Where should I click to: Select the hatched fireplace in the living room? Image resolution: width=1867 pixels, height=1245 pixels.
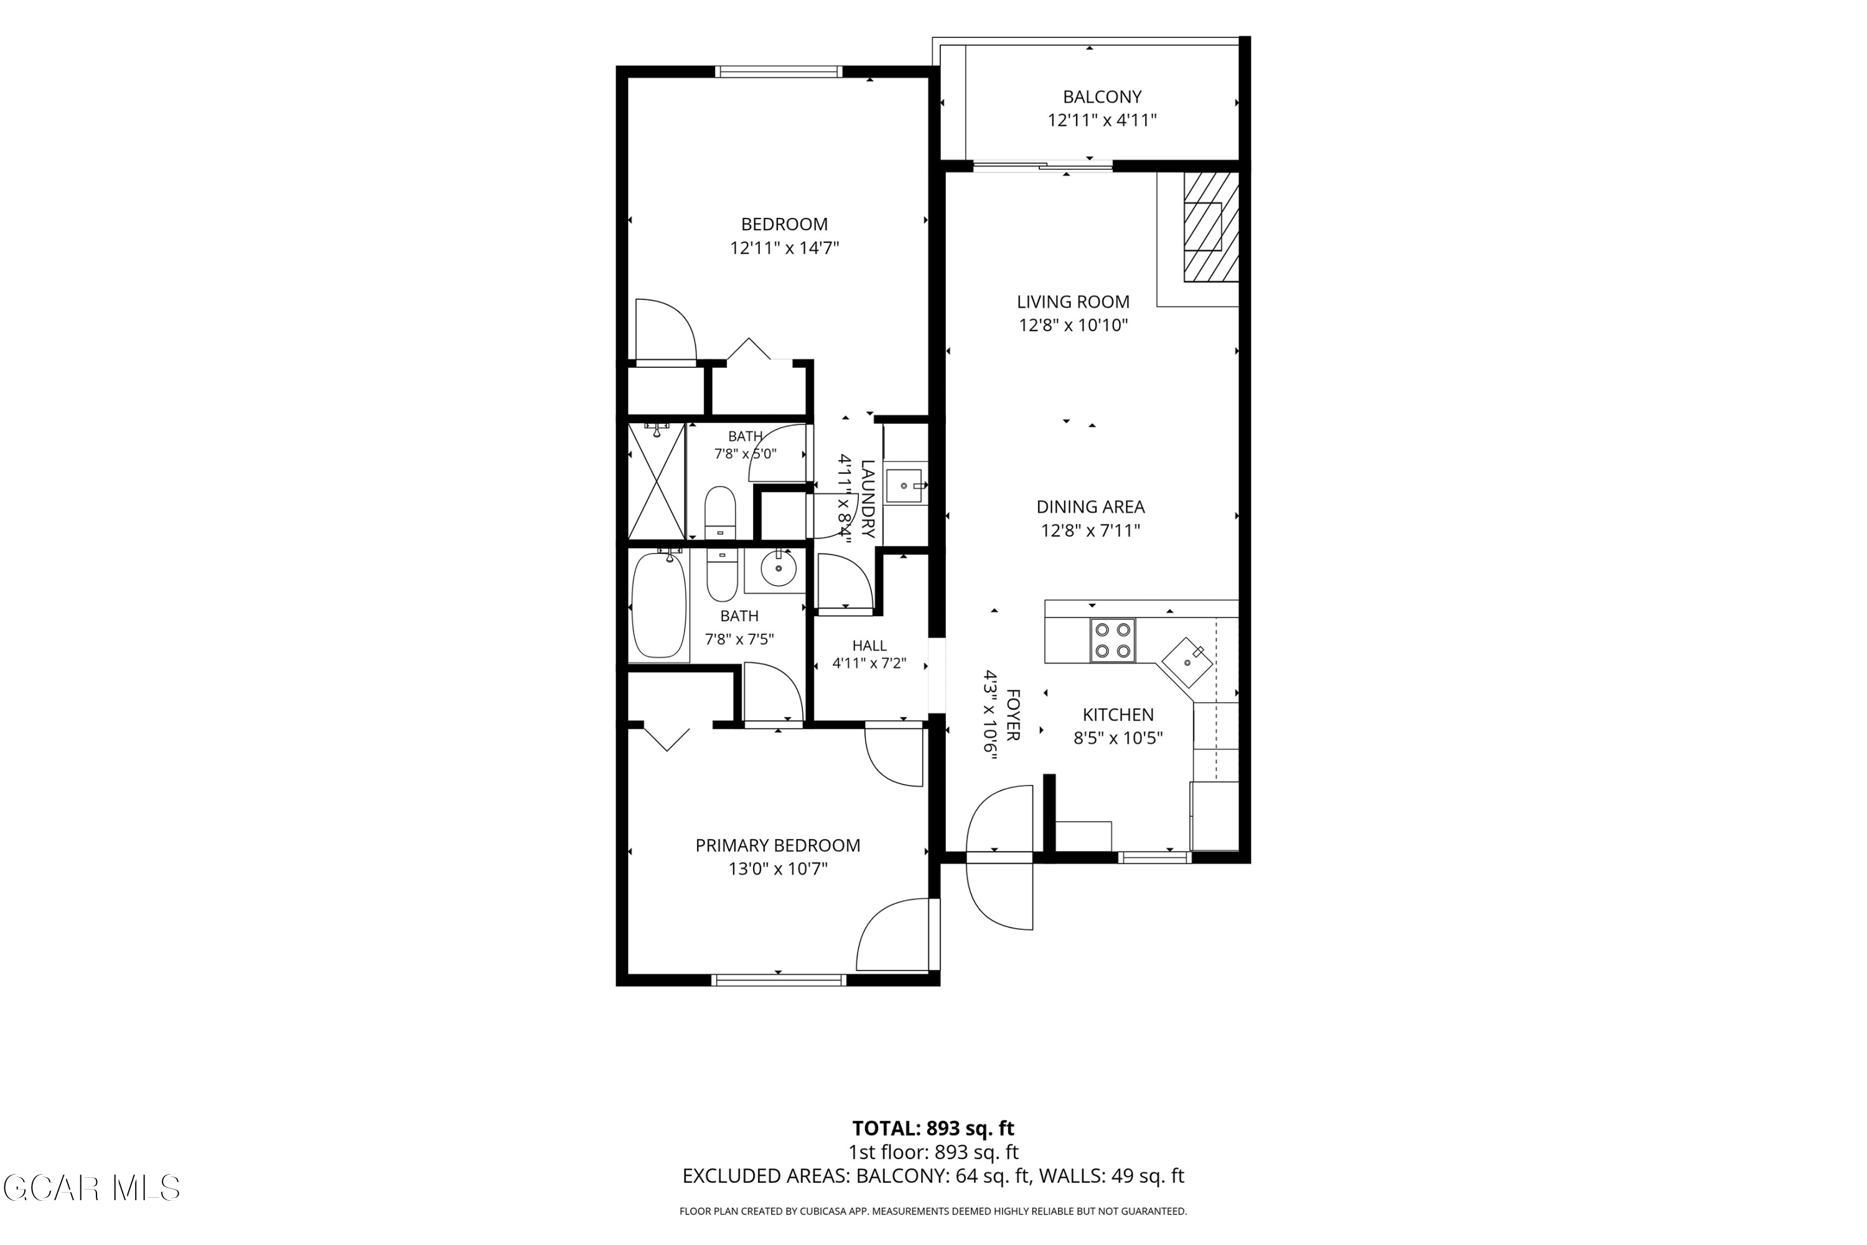click(1211, 227)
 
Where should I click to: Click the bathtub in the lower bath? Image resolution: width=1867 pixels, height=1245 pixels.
click(659, 606)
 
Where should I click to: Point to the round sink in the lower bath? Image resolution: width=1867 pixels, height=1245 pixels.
click(779, 568)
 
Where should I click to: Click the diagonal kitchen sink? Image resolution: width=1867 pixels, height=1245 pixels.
click(1188, 661)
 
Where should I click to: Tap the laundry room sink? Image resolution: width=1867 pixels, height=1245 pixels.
click(905, 486)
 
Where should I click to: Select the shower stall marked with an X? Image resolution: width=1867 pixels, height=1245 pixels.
click(657, 481)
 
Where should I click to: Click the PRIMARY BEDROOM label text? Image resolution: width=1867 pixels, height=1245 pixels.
click(778, 845)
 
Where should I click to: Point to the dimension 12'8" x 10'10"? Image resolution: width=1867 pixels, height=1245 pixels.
click(1073, 325)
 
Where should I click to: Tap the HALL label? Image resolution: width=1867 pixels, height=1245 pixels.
click(869, 646)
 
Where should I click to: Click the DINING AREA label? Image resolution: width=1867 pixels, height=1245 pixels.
click(1091, 507)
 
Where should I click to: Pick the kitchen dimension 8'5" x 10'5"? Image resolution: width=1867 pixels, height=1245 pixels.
click(1118, 738)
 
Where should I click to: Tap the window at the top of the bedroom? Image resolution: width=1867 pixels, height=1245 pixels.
click(778, 72)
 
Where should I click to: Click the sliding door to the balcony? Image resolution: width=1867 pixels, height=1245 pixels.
click(1043, 166)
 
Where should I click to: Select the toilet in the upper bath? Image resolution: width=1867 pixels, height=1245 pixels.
click(721, 513)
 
